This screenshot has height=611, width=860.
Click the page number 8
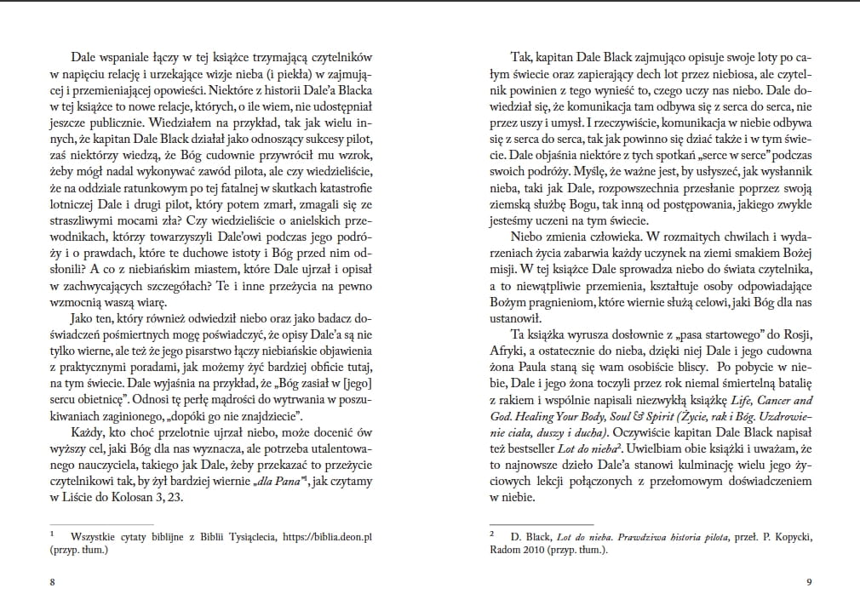pos(53,582)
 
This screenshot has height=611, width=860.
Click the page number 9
pos(806,582)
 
